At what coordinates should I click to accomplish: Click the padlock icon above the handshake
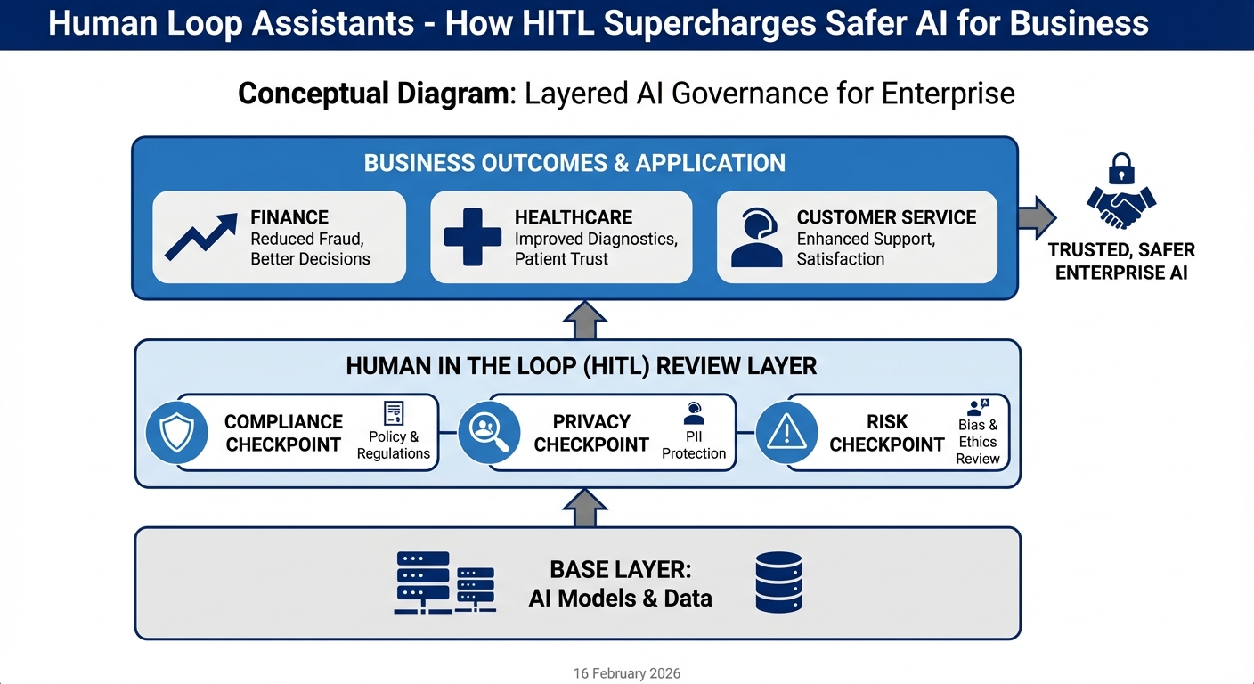[1121, 169]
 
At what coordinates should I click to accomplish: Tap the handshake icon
[1121, 207]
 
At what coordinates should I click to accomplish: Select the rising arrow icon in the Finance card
[201, 237]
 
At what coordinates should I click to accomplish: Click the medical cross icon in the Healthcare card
[473, 237]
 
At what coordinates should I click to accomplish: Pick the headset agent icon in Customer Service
[756, 238]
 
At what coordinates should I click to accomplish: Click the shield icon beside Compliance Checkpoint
[176, 433]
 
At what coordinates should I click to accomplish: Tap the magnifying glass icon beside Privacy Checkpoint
[488, 433]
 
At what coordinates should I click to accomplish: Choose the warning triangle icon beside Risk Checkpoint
[786, 433]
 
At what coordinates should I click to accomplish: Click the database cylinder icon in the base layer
[778, 582]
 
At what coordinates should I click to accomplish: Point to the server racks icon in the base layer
[444, 582]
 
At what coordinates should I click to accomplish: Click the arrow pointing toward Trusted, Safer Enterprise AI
[1036, 217]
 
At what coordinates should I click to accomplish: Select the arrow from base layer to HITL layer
[585, 507]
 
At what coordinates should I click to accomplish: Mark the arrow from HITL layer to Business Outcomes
[585, 320]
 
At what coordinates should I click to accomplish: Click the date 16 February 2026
[627, 673]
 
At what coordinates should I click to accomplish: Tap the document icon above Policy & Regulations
[393, 413]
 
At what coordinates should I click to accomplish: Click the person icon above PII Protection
[693, 413]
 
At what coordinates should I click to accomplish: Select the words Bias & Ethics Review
[978, 442]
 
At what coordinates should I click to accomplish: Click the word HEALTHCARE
[573, 217]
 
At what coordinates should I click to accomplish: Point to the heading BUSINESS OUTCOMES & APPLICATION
[574, 164]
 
